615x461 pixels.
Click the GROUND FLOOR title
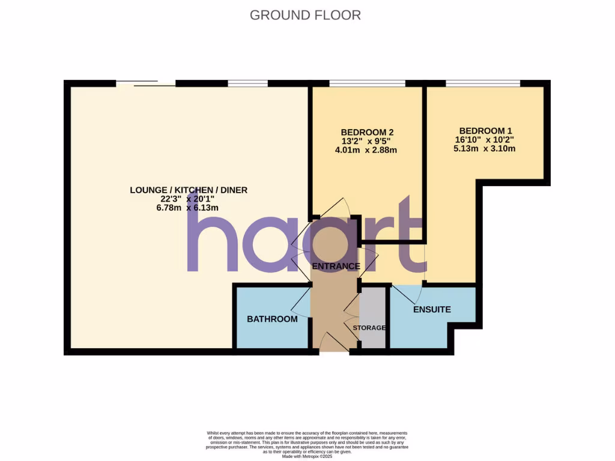[305, 15]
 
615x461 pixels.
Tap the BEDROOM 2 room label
[367, 132]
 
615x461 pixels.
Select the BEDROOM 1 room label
[485, 131]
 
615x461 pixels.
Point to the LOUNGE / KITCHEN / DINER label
[189, 190]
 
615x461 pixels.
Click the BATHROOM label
[272, 319]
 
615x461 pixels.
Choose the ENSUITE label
[431, 310]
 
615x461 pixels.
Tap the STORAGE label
[369, 328]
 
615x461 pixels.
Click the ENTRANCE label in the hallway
[336, 266]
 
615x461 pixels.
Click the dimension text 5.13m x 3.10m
[485, 148]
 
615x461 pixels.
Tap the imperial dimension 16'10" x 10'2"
[485, 140]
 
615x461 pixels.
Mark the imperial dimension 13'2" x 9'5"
[367, 141]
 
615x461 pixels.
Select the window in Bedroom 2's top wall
[367, 83]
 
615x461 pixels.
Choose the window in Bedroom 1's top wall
[482, 83]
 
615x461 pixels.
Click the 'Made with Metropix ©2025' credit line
[307, 457]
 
